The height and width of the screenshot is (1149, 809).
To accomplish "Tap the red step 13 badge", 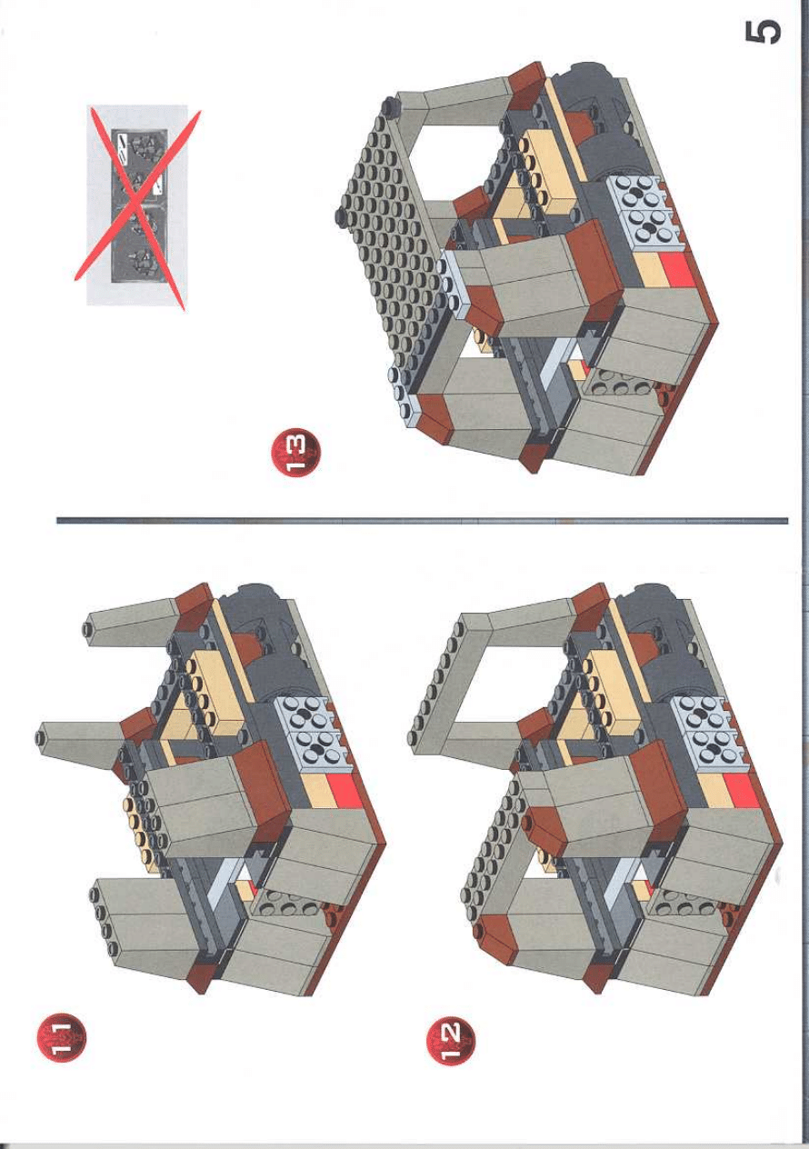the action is (x=295, y=452).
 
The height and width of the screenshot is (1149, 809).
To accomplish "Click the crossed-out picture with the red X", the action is (x=137, y=205).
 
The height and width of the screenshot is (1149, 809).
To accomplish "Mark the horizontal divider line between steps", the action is (x=422, y=521).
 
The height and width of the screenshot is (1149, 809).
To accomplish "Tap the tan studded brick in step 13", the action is (x=545, y=165).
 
